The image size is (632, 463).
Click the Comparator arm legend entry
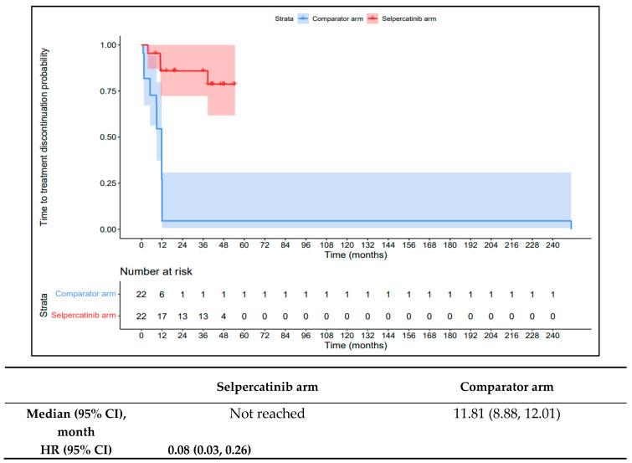339,16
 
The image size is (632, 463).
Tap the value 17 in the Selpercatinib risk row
162,315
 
